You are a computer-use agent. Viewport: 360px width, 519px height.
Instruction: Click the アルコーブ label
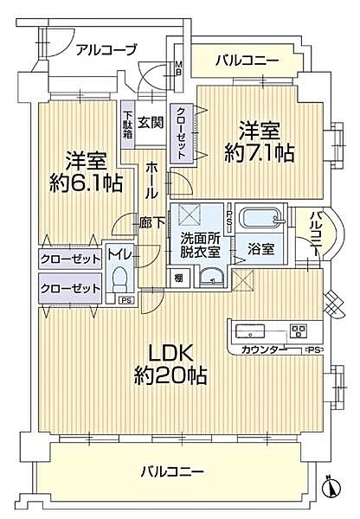(106, 49)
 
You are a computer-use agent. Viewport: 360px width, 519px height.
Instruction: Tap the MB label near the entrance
(178, 67)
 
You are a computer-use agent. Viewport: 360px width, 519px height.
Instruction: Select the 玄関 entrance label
(151, 123)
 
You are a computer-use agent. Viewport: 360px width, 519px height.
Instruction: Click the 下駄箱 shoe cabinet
(127, 126)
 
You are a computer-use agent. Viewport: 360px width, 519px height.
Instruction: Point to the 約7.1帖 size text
(260, 153)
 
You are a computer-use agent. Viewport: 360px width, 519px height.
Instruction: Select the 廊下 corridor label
(151, 221)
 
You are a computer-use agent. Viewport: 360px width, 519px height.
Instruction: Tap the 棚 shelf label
(177, 277)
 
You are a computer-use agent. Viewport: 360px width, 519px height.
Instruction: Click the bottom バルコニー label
(172, 471)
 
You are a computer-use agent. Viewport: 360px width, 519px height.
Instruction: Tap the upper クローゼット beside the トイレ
(70, 258)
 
